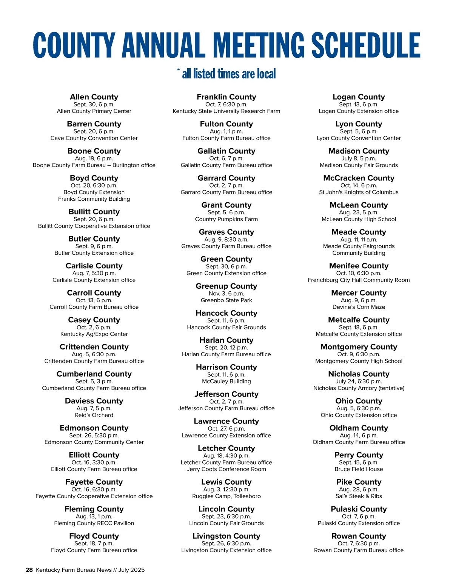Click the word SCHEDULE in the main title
pos(365,45)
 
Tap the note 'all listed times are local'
pos(229,74)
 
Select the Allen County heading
pos(94,97)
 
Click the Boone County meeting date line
pos(94,159)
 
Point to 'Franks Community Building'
pos(94,199)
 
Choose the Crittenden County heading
pos(94,347)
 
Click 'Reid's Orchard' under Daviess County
pos(94,415)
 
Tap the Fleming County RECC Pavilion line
pos(94,523)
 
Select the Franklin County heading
pos(226,97)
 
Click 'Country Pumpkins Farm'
pos(226,219)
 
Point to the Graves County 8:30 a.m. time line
pos(226,239)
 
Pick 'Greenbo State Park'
pos(226,300)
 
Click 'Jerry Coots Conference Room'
pos(226,469)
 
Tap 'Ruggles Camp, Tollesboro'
pos(226,496)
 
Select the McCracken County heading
pos(359,178)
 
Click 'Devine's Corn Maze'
pos(359,307)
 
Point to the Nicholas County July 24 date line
pos(359,381)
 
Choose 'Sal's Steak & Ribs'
pos(359,496)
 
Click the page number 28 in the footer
pos(29,570)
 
